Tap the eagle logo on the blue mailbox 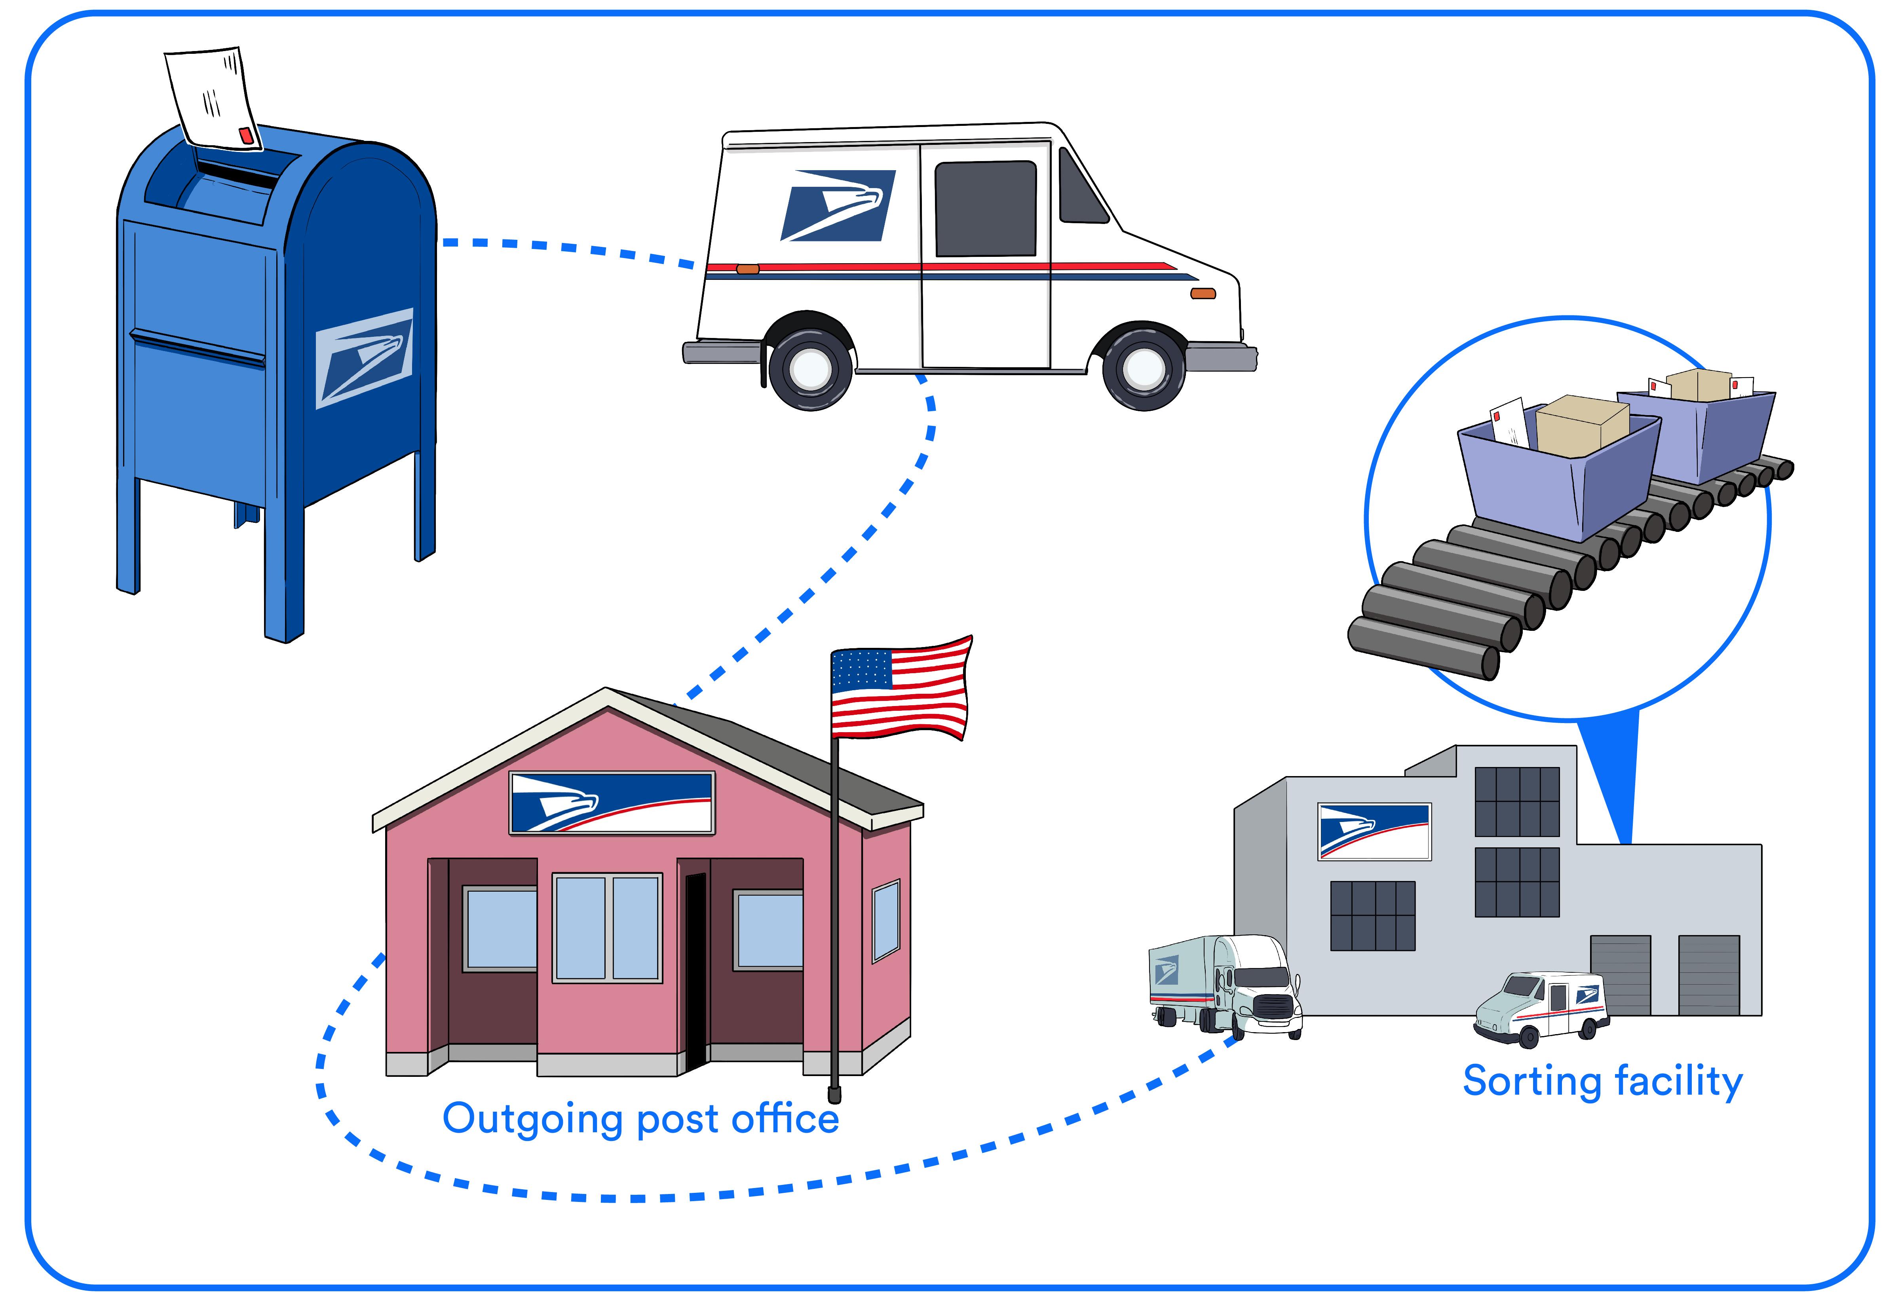pyautogui.click(x=364, y=359)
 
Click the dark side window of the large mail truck pyautogui.click(x=985, y=209)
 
